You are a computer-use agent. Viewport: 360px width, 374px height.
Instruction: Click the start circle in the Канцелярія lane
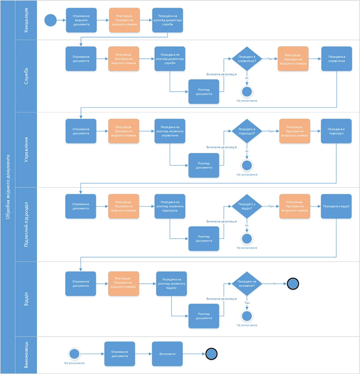(x=50, y=20)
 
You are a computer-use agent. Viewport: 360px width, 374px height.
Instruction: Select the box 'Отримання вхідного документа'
(x=81, y=20)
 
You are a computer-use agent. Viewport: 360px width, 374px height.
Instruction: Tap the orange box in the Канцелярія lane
(x=125, y=20)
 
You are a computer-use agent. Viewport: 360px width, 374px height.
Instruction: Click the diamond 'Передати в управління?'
(x=247, y=59)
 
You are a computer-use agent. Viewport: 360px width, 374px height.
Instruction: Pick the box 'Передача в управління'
(x=337, y=59)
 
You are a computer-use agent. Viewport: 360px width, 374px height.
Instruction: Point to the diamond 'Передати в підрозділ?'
(x=247, y=131)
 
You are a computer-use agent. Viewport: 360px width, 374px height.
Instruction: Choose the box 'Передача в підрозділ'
(x=336, y=131)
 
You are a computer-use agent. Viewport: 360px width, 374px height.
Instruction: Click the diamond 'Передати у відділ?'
(x=247, y=206)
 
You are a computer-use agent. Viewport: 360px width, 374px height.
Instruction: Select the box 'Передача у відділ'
(x=336, y=206)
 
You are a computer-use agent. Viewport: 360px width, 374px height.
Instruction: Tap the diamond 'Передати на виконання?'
(x=247, y=283)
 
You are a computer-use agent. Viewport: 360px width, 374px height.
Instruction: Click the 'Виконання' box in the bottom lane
(x=167, y=354)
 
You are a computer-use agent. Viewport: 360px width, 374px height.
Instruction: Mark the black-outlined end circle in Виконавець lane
(x=212, y=354)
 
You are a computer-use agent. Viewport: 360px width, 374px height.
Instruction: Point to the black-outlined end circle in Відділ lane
(x=293, y=283)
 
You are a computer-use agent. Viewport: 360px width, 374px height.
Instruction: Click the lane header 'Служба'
(x=26, y=76)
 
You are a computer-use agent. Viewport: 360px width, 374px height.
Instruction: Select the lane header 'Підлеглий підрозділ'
(x=26, y=225)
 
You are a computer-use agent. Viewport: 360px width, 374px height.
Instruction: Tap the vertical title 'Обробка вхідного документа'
(x=8, y=187)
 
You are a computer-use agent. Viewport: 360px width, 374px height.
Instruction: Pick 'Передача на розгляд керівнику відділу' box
(x=172, y=283)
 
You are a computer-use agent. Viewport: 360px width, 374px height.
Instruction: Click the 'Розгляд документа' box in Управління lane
(x=204, y=165)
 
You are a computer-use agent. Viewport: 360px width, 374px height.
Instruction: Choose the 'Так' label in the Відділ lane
(x=247, y=303)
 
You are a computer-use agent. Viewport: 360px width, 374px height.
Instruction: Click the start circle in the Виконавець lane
(x=74, y=354)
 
